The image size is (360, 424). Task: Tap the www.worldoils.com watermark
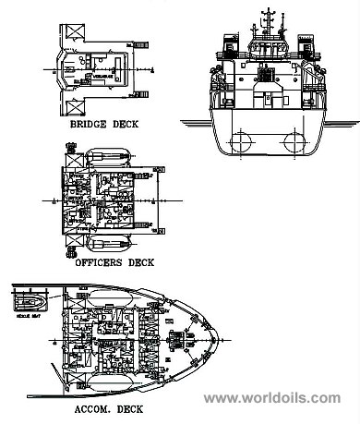click(x=271, y=398)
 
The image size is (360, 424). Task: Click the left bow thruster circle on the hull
click(x=242, y=141)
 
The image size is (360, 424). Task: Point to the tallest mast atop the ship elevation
click(x=269, y=18)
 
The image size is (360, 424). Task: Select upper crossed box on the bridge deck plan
click(x=70, y=31)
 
